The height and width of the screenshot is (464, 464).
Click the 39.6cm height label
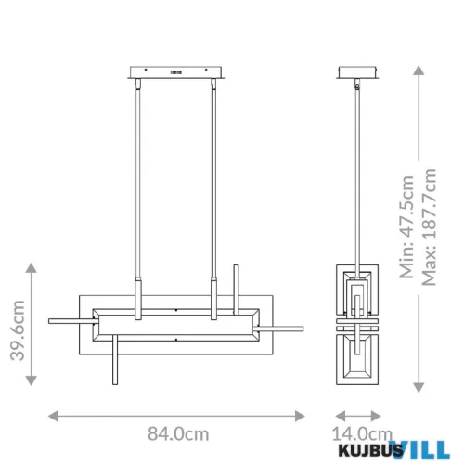tap(16, 326)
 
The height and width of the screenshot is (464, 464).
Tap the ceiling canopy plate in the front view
tap(176, 71)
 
